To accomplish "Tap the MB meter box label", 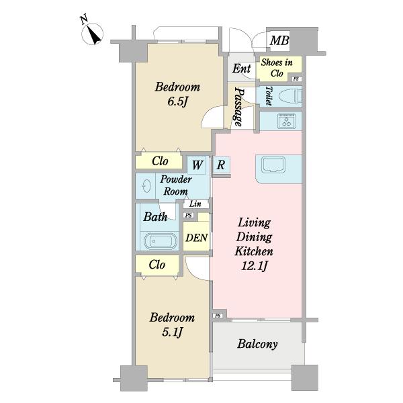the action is click(x=279, y=40).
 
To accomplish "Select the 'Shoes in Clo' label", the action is click(x=277, y=68).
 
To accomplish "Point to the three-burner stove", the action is click(x=286, y=121).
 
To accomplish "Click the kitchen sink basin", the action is click(x=273, y=165).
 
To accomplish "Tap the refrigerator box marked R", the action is click(x=221, y=165).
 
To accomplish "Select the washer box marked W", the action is click(x=197, y=165).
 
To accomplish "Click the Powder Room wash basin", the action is click(x=146, y=185).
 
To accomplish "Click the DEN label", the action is click(x=197, y=238).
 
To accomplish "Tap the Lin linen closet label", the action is click(x=195, y=204).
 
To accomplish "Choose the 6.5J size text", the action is click(x=178, y=101).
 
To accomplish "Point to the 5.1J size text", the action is click(x=172, y=332).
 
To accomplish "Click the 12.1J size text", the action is click(x=254, y=266).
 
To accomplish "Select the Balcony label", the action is click(x=257, y=344).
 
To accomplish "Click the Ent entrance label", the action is click(x=242, y=69).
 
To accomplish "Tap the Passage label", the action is click(x=238, y=107).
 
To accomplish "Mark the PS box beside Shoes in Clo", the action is click(x=296, y=79).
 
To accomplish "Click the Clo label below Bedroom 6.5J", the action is click(x=160, y=161).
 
